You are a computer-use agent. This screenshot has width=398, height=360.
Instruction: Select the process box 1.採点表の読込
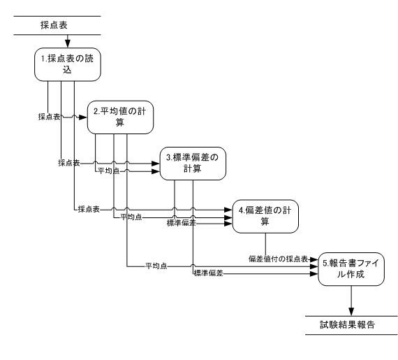click(68, 64)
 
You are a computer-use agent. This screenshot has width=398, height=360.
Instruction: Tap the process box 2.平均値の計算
click(120, 117)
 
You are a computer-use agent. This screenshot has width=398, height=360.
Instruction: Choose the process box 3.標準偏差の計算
click(193, 164)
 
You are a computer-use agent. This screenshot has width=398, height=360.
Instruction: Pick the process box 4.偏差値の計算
click(265, 216)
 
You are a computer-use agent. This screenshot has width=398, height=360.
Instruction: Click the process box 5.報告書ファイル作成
click(351, 269)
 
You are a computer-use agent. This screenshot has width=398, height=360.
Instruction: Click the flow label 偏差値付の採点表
click(278, 259)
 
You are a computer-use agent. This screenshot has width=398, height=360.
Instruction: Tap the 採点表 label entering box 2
click(50, 117)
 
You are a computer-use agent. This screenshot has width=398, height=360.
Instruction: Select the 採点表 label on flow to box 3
click(69, 163)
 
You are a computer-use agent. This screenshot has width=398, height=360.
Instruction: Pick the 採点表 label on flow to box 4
click(89, 209)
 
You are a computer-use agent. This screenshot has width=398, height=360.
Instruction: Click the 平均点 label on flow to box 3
click(109, 171)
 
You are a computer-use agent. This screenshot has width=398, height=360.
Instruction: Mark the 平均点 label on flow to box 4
click(131, 217)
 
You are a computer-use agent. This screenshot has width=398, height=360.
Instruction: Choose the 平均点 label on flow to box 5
click(156, 266)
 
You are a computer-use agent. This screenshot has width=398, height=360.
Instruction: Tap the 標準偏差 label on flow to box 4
click(182, 223)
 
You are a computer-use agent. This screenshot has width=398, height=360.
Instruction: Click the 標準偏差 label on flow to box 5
click(209, 273)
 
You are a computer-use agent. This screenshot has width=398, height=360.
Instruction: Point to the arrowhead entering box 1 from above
click(68, 44)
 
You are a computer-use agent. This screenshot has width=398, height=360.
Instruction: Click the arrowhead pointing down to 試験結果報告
click(351, 312)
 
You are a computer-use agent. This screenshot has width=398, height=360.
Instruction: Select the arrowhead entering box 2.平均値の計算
click(83, 117)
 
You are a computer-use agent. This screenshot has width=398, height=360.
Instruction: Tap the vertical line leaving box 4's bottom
click(266, 244)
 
